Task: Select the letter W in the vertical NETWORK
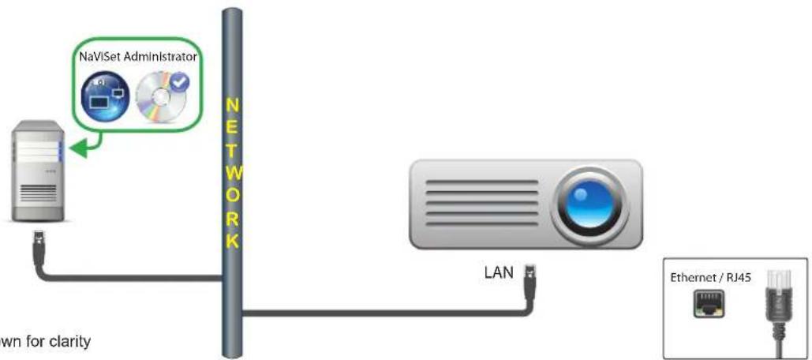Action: point(231,171)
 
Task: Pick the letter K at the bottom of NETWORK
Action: point(231,240)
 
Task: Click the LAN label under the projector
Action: point(499,274)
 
